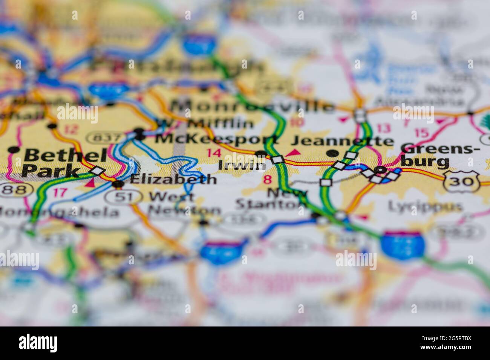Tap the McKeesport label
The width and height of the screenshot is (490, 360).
point(216,138)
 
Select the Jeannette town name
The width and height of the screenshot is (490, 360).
point(342,141)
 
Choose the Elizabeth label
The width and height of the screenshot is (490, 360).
point(173,180)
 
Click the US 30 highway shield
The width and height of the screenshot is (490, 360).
point(461,181)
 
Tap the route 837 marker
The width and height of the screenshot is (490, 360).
point(105,137)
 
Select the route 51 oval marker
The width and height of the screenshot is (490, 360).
point(123,196)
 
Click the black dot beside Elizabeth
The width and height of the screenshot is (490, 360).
point(118,184)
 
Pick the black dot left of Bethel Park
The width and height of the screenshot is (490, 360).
point(14,149)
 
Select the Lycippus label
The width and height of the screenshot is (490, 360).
point(425,207)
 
